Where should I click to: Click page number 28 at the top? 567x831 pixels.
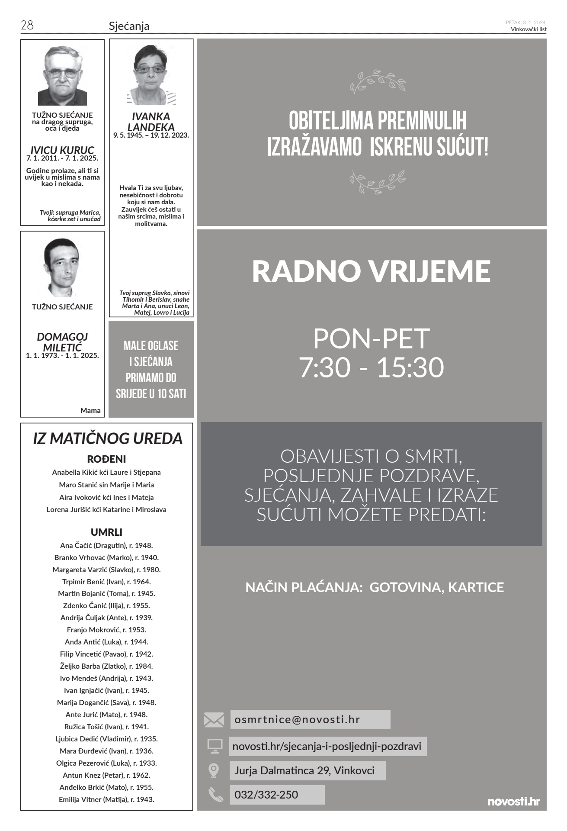click(x=27, y=26)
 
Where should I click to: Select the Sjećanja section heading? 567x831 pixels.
click(x=129, y=26)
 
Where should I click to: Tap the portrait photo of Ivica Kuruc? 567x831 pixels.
click(x=62, y=75)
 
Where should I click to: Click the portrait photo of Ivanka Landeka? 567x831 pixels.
click(x=151, y=75)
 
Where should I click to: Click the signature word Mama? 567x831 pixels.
click(x=90, y=410)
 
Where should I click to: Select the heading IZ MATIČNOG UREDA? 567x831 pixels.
click(x=108, y=438)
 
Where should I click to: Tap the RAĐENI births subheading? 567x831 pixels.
click(x=106, y=459)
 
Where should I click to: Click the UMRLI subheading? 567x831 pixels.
click(x=106, y=532)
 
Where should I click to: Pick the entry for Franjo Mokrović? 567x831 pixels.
click(x=106, y=630)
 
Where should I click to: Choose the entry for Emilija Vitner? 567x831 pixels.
click(x=106, y=799)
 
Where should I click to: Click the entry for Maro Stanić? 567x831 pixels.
click(x=106, y=485)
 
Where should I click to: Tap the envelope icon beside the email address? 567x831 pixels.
click(x=214, y=720)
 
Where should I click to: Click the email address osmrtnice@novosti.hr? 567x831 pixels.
click(x=297, y=720)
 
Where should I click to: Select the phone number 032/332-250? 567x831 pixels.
click(x=266, y=795)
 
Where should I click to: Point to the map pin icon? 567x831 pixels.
click(x=214, y=770)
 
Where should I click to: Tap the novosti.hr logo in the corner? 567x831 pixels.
click(x=513, y=801)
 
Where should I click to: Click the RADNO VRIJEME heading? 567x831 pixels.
click(x=371, y=271)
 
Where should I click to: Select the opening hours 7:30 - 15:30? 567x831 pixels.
click(x=372, y=367)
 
